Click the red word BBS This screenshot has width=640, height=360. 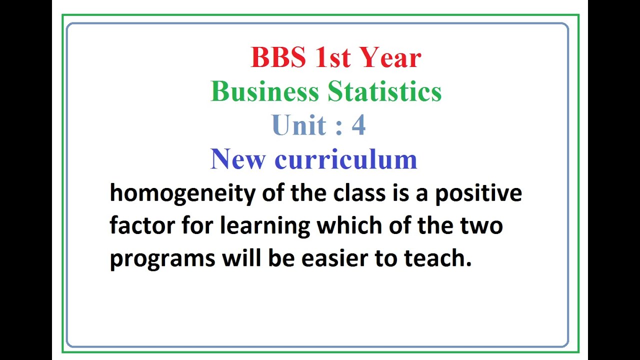tap(277, 57)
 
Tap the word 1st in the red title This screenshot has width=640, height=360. tap(332, 57)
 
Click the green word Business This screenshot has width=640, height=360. tap(265, 91)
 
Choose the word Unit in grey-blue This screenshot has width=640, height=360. tap(299, 125)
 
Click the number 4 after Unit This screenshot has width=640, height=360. tap(358, 125)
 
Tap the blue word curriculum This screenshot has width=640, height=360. tap(345, 159)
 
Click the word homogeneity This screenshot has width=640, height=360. tap(182, 193)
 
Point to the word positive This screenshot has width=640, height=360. tap(478, 193)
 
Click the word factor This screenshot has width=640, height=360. tap(142, 225)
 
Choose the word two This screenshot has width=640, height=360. tap(482, 225)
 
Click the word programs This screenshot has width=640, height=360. tap(162, 259)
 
